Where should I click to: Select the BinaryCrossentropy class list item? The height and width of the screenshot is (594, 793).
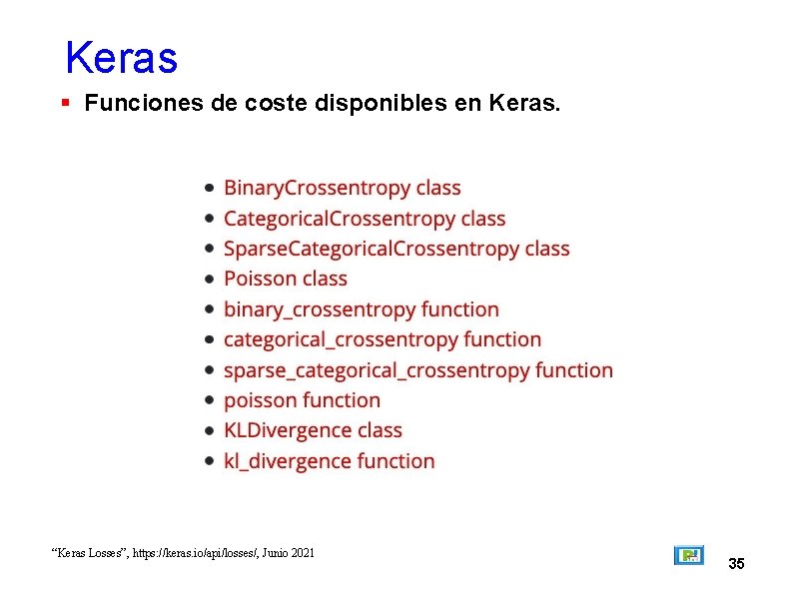[342, 188]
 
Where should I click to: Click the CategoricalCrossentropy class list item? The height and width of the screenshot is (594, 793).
[365, 219]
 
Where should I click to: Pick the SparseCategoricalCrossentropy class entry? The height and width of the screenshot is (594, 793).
[396, 249]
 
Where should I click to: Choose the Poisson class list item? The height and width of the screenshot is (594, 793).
[285, 279]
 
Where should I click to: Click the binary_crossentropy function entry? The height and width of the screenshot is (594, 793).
[361, 309]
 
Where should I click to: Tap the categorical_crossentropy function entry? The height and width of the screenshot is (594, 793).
[382, 339]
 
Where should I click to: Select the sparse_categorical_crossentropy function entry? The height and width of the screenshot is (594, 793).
[417, 370]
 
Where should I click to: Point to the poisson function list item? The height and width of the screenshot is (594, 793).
[302, 400]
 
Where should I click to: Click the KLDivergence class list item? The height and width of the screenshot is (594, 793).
[313, 430]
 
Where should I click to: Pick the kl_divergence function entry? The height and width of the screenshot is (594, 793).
[329, 461]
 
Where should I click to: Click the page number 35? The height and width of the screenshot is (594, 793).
[736, 564]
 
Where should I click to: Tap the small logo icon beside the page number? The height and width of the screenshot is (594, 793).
[688, 555]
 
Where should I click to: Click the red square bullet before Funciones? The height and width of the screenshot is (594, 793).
[65, 103]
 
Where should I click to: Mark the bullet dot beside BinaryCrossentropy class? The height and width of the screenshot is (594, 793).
[208, 188]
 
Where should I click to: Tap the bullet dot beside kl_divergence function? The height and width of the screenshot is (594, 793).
[208, 461]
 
